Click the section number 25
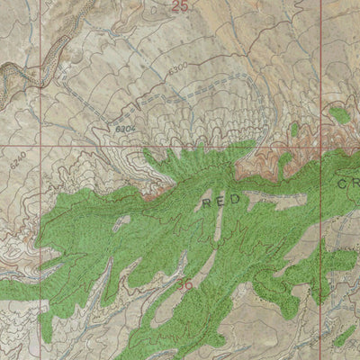[x=181, y=6]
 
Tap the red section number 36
[x=186, y=285]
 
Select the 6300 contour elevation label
[x=177, y=67]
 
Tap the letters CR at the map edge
[x=348, y=183]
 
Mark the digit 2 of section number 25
[x=177, y=6]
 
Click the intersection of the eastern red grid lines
[x=321, y=144]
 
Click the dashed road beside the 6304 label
[x=144, y=117]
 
